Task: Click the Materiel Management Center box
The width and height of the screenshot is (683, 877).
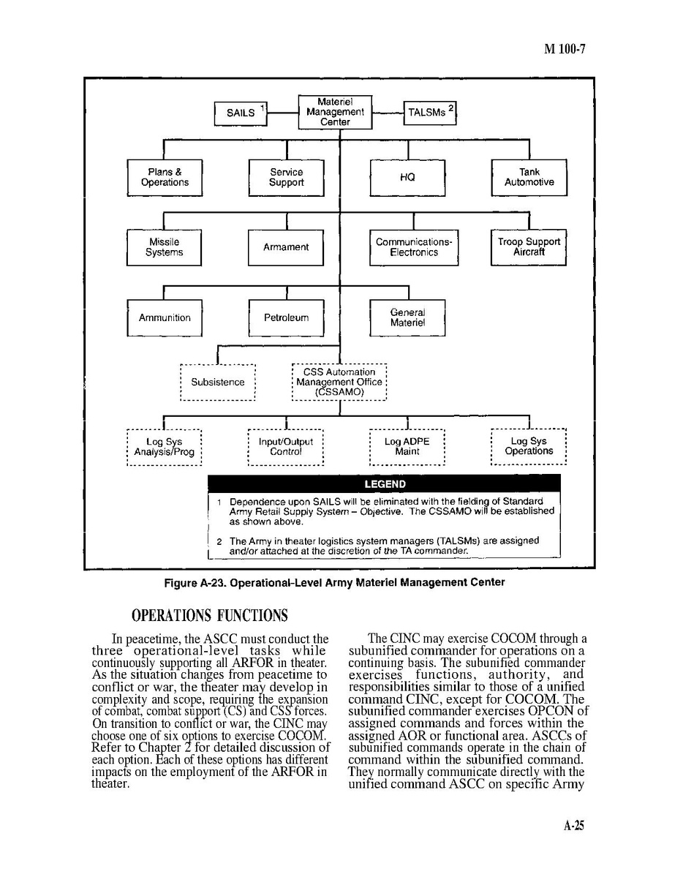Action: [x=335, y=112]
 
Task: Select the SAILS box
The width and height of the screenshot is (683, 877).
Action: [x=241, y=113]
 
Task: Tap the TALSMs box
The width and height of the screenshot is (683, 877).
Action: [x=431, y=113]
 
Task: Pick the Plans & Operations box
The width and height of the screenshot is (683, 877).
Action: [x=165, y=178]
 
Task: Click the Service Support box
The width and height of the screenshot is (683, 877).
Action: [x=286, y=178]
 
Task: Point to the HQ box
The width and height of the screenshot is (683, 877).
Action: [x=407, y=178]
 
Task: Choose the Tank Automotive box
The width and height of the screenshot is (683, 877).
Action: [x=529, y=178]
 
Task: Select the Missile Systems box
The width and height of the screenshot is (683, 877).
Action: [x=165, y=247]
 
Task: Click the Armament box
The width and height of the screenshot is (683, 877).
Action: [x=286, y=247]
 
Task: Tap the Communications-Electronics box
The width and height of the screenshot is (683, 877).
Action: [x=414, y=247]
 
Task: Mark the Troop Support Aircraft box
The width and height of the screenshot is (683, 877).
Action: [x=529, y=247]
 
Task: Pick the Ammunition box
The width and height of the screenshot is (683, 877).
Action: [x=165, y=318]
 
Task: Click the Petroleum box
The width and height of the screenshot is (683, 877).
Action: [x=286, y=318]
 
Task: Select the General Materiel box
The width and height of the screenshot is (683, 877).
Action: [x=407, y=318]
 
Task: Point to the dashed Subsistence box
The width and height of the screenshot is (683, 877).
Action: [x=218, y=383]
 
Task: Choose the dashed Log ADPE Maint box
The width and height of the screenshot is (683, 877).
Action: [x=407, y=447]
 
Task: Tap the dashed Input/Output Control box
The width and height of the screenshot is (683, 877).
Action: [x=286, y=447]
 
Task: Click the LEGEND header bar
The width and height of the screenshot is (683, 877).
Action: [x=385, y=484]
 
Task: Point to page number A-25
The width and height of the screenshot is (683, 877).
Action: [x=574, y=826]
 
